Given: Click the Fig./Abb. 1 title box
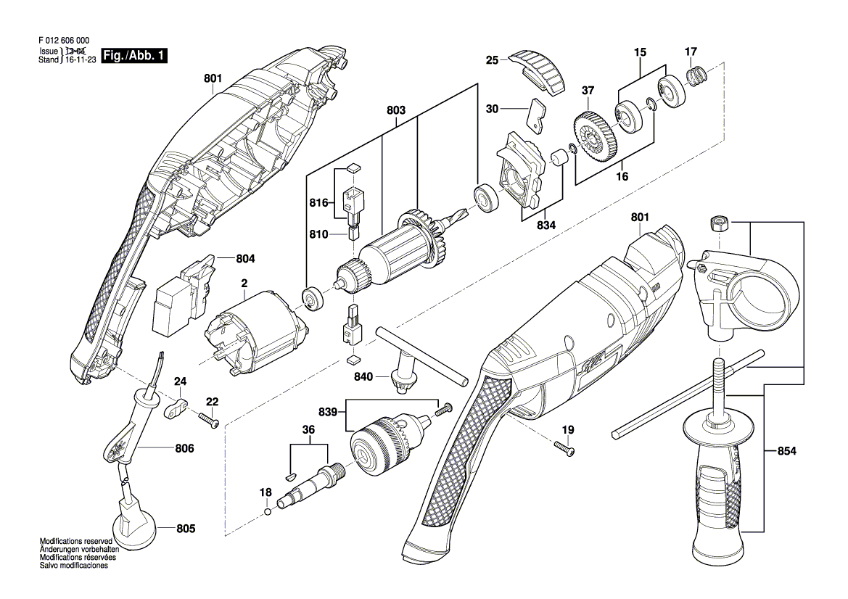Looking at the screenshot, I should (135, 56).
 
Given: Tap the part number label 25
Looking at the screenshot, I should (492, 61).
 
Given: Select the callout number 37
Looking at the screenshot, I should (588, 91).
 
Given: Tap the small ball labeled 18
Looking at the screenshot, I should (268, 513).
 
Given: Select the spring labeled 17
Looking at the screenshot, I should (696, 75).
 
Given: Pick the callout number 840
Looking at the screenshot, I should (364, 377).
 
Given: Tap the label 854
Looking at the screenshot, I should (786, 452).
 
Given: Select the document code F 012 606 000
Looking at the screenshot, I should (66, 42).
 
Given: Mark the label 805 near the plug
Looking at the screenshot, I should (186, 529).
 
